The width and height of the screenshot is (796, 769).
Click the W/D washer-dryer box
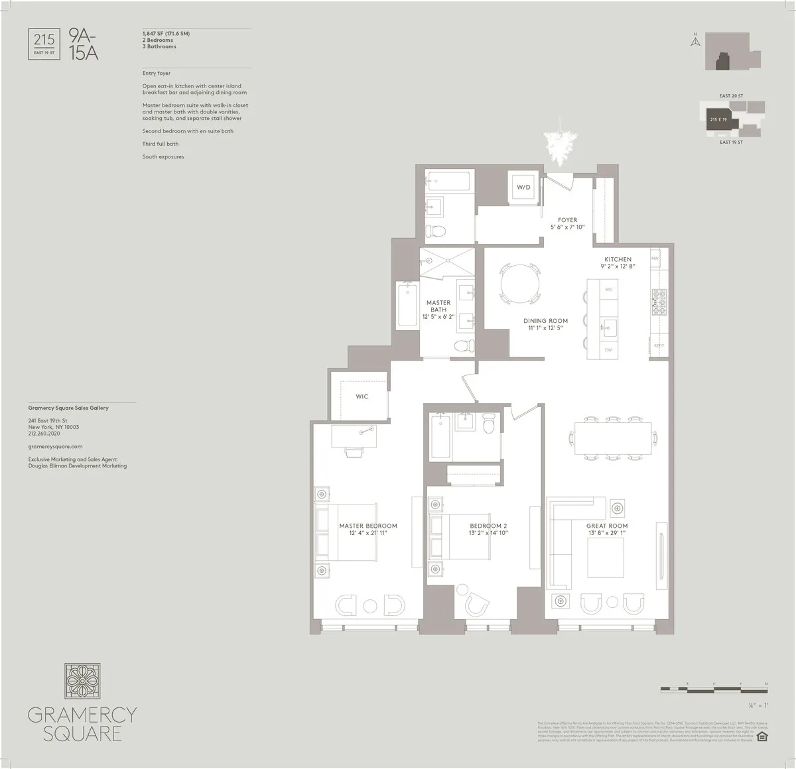click(524, 187)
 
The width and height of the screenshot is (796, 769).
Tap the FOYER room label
click(567, 220)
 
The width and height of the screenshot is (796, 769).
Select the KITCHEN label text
click(618, 259)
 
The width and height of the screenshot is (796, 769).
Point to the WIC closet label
click(362, 396)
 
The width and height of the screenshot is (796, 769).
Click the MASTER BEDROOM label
click(368, 526)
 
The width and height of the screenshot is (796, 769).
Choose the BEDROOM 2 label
click(488, 526)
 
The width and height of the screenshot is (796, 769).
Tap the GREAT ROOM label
click(607, 526)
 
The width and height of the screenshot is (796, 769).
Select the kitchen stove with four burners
click(659, 302)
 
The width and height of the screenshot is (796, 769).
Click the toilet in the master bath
click(464, 345)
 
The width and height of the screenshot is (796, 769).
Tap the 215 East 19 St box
click(44, 44)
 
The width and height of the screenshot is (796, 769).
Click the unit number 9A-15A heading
click(84, 44)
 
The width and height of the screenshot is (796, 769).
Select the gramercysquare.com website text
click(55, 447)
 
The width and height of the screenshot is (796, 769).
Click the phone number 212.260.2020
click(44, 434)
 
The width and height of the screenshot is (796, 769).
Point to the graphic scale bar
click(714, 690)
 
